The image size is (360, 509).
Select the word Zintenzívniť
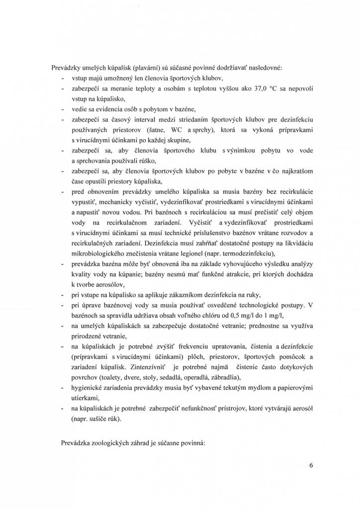[143, 366]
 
